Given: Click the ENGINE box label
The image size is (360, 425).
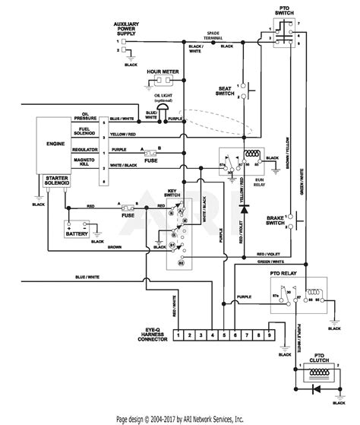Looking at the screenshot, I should pyautogui.click(x=55, y=142).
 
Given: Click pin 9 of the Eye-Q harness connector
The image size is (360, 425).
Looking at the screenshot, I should pyautogui.click(x=267, y=333).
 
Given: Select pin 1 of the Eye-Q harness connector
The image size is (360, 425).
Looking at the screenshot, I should pyautogui.click(x=177, y=333).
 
